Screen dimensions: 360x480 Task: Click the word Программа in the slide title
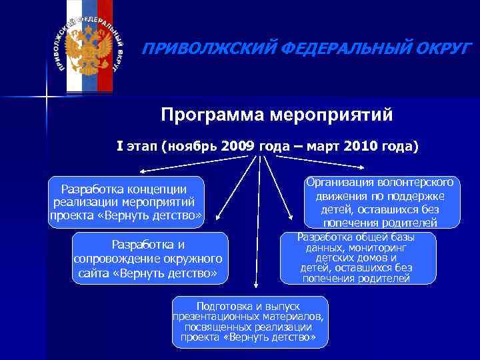(x=213, y=115)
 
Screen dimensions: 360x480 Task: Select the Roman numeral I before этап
(x=120, y=146)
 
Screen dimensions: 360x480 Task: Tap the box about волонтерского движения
(x=379, y=202)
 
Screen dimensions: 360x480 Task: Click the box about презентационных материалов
(x=250, y=321)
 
